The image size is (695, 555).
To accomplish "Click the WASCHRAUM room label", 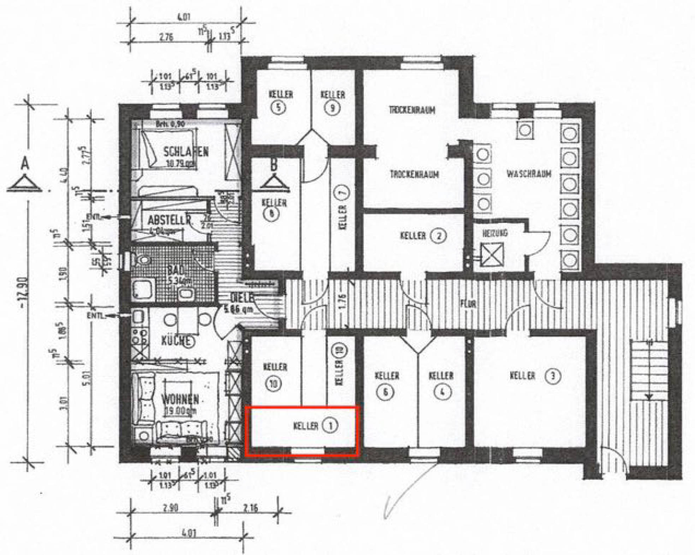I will (x=528, y=174).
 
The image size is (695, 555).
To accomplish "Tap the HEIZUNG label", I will (x=495, y=233).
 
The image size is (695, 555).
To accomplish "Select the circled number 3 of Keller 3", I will (x=553, y=376).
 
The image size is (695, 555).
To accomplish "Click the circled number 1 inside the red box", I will (x=331, y=426).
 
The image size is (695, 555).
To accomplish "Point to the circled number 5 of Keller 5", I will (x=278, y=107).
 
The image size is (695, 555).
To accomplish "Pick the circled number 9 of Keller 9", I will (x=332, y=108).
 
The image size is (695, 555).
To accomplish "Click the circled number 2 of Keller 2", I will (x=439, y=236).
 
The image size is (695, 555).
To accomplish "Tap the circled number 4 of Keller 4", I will (x=442, y=392).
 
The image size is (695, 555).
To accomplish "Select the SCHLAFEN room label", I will (x=186, y=152).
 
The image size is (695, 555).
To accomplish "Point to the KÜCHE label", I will (x=178, y=341).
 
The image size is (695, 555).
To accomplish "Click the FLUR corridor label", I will (x=468, y=303).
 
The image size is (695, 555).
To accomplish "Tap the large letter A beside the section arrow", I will (x=25, y=164).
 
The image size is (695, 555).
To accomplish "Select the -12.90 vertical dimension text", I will (x=24, y=293).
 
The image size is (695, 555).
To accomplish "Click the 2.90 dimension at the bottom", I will (x=170, y=508).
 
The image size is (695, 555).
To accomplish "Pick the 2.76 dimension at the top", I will (x=166, y=37).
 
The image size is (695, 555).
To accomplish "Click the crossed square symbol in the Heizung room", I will (x=492, y=254).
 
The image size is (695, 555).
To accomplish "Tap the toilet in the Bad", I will (x=143, y=260).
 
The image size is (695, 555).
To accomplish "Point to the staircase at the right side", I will (x=649, y=369).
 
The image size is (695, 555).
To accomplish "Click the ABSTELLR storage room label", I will (x=169, y=220).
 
